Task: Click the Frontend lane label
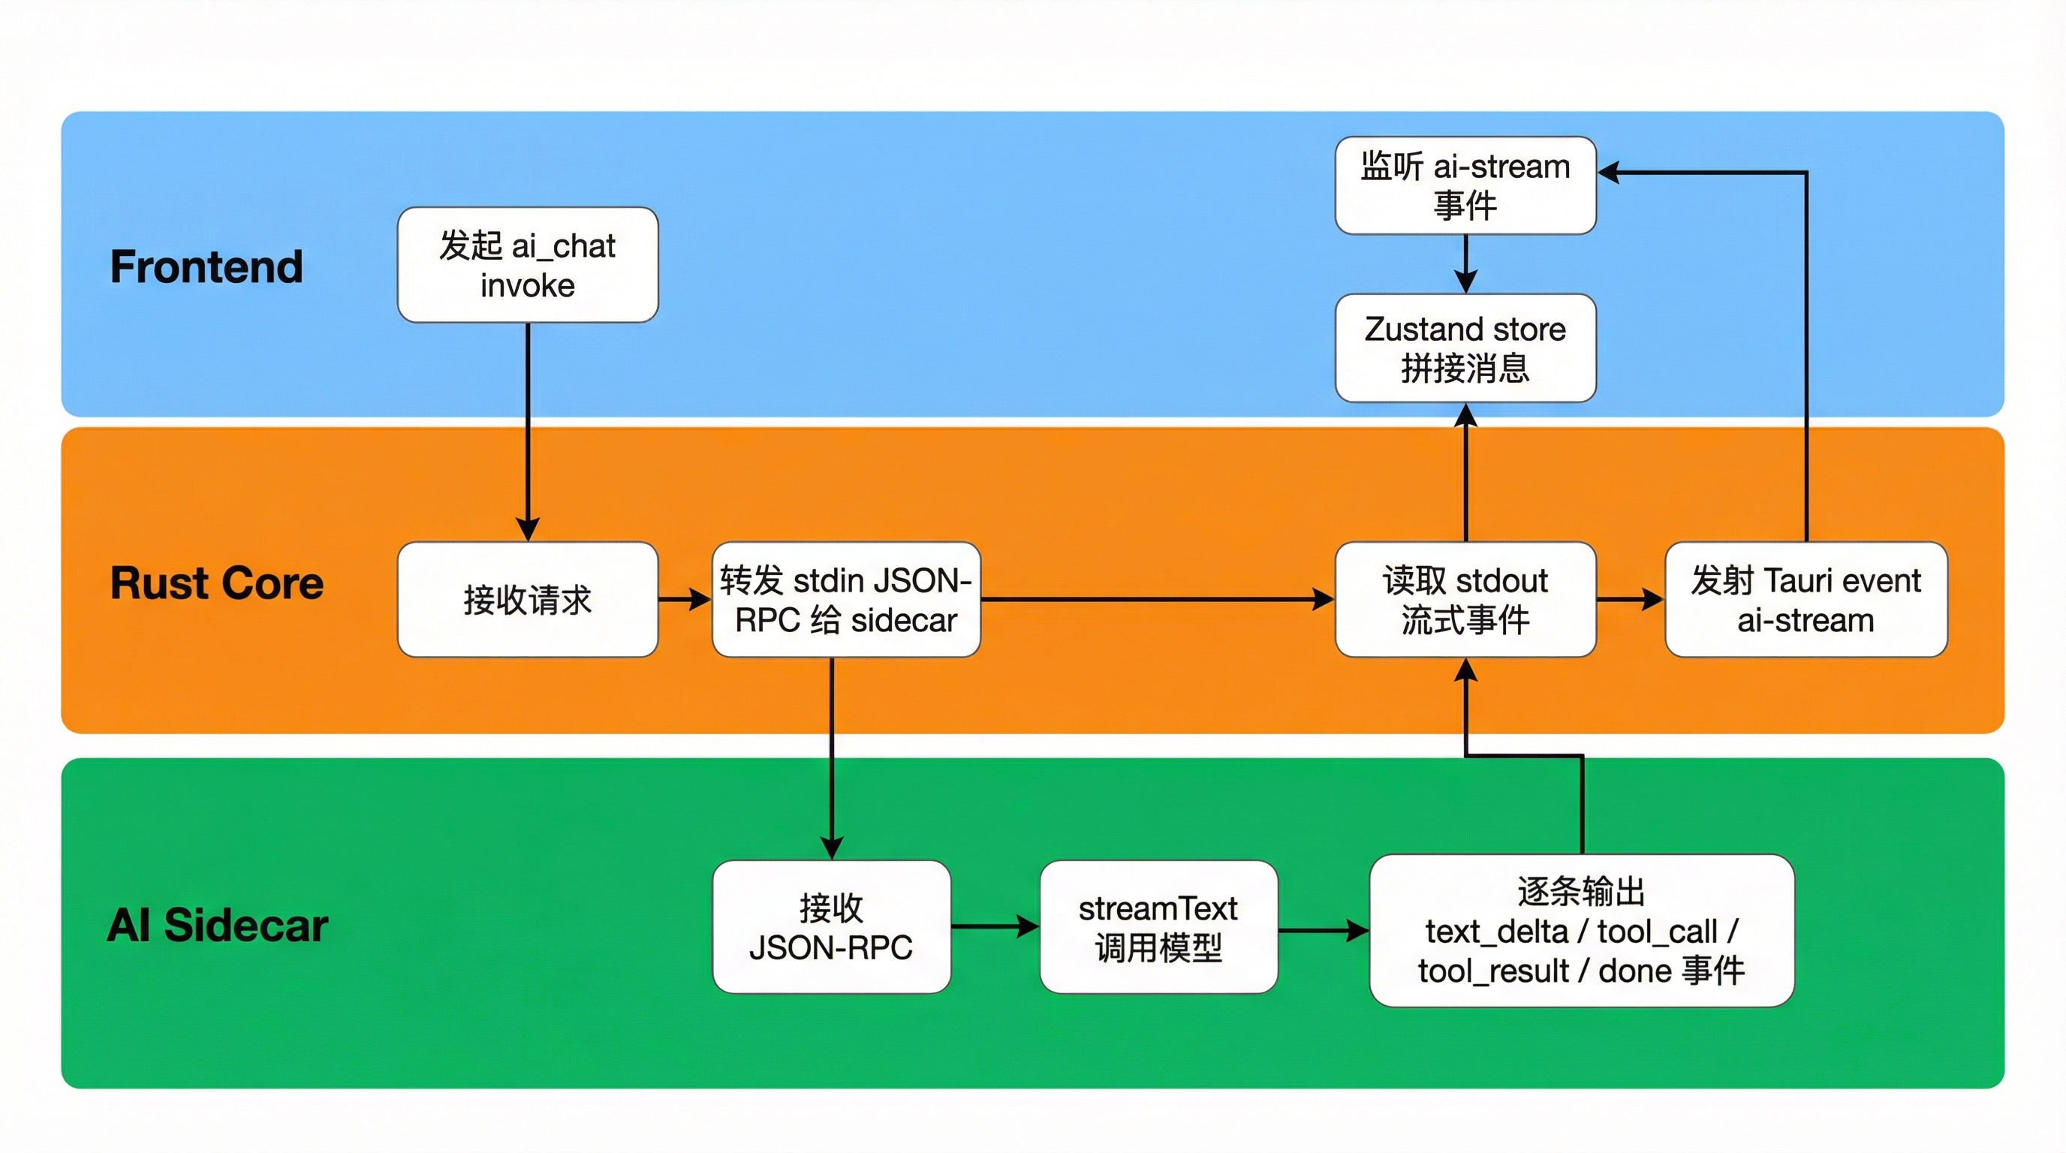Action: [x=206, y=266]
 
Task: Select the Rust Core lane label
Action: [x=216, y=583]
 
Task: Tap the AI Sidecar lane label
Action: [x=218, y=926]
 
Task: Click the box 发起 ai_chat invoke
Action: [x=528, y=264]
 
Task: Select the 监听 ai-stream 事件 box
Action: [x=1465, y=185]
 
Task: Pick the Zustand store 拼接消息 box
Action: [x=1465, y=348]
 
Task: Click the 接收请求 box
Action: [x=528, y=599]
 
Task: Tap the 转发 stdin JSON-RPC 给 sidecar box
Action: [x=846, y=599]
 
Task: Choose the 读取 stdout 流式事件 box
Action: [x=1465, y=599]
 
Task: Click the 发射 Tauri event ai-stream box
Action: [x=1805, y=599]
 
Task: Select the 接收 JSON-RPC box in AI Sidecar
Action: [x=831, y=927]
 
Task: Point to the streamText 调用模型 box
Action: [x=1158, y=927]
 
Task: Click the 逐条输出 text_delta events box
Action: [x=1582, y=930]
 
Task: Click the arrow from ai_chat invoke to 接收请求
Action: [x=528, y=433]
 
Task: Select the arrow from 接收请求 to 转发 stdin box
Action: [x=684, y=599]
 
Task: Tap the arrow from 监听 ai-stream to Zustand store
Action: [x=1465, y=263]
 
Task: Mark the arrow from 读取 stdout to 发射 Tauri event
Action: [x=1630, y=599]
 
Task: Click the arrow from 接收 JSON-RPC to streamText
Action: [x=995, y=927]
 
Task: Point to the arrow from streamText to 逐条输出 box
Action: [x=1324, y=931]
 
